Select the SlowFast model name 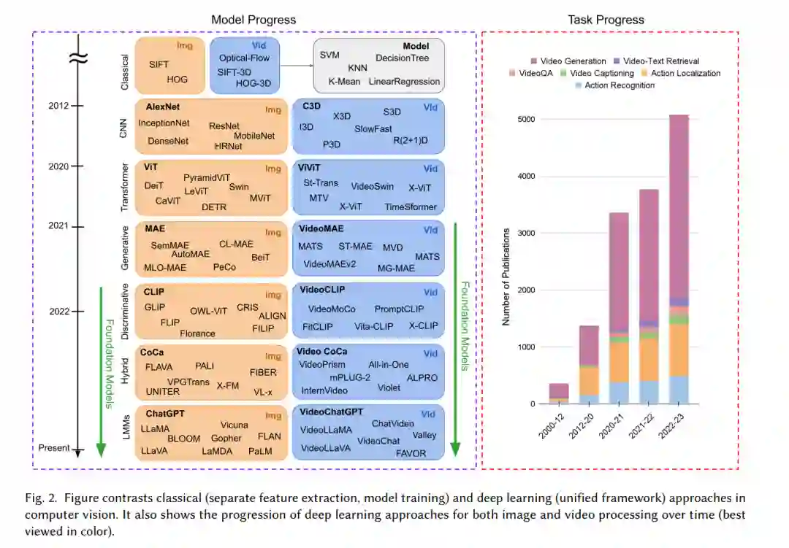pyautogui.click(x=373, y=128)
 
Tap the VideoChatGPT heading pyautogui.click(x=332, y=412)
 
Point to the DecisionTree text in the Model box pyautogui.click(x=402, y=58)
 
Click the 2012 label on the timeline pyautogui.click(x=59, y=106)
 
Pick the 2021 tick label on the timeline pyautogui.click(x=59, y=225)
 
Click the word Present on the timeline pyautogui.click(x=54, y=448)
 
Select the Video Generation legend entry pyautogui.click(x=572, y=61)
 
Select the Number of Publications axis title pyautogui.click(x=506, y=275)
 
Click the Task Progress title pyautogui.click(x=606, y=20)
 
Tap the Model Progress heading pyautogui.click(x=254, y=20)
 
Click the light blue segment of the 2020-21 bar pyautogui.click(x=620, y=393)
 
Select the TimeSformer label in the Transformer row pyautogui.click(x=411, y=207)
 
